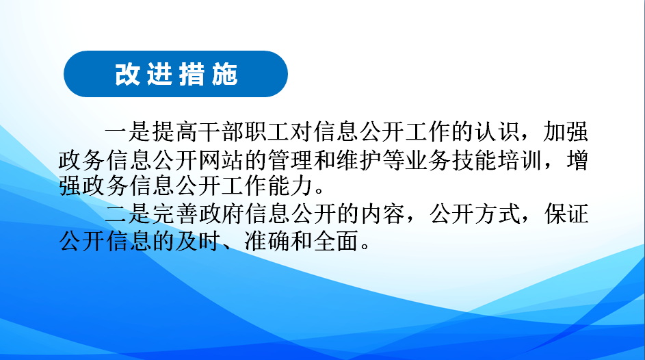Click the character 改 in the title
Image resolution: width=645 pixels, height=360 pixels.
pyautogui.click(x=127, y=75)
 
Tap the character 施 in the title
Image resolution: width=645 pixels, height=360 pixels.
pyautogui.click(x=225, y=75)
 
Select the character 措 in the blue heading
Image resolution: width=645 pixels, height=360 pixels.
pyautogui.click(x=192, y=75)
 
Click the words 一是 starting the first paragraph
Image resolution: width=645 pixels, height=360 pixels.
pyautogui.click(x=128, y=132)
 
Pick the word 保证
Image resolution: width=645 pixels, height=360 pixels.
pyautogui.click(x=566, y=214)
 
